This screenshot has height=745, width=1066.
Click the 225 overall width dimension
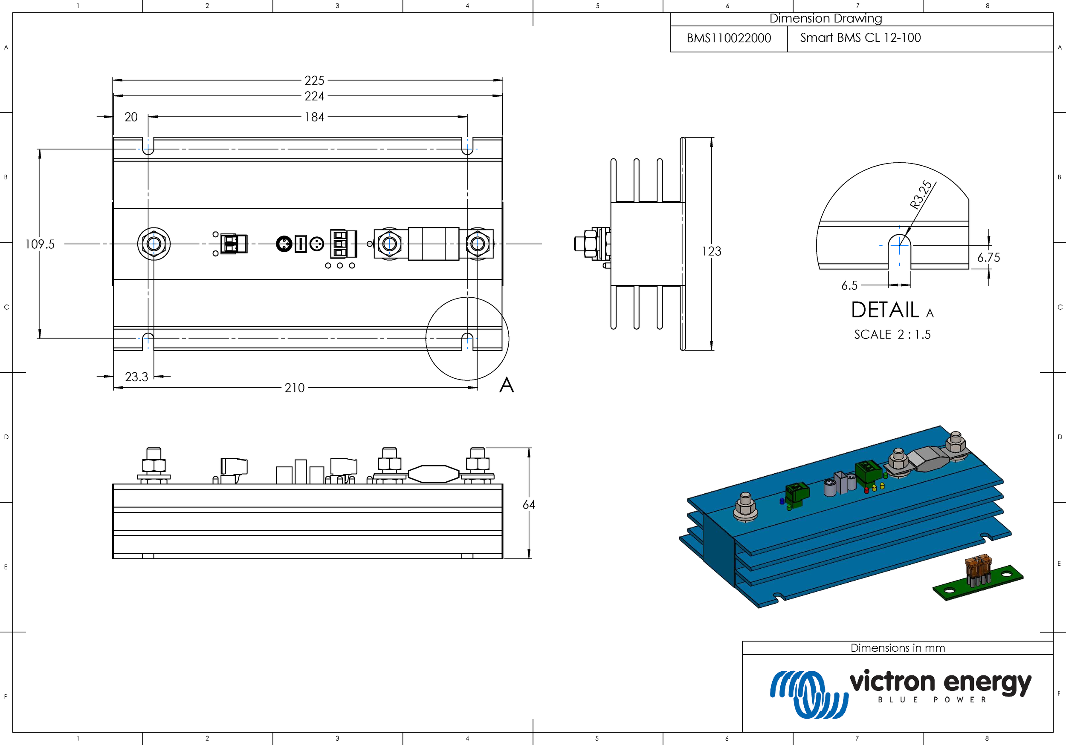(x=314, y=80)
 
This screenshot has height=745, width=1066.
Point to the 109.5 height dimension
(x=40, y=244)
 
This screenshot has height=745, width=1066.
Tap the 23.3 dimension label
(x=136, y=377)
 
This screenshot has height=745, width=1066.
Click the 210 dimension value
(x=295, y=388)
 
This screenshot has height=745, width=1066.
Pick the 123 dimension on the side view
(x=711, y=251)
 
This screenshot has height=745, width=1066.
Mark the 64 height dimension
(x=529, y=505)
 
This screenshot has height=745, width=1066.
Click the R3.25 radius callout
(x=921, y=195)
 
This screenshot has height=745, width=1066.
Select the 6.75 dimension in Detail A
(x=988, y=257)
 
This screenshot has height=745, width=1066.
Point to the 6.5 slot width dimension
(x=849, y=285)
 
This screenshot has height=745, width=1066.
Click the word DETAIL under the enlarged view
(x=885, y=310)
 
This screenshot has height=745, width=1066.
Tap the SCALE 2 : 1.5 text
(x=892, y=334)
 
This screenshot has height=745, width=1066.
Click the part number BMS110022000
(x=728, y=38)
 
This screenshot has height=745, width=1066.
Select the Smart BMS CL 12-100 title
(x=860, y=37)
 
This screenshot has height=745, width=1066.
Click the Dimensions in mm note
(x=898, y=648)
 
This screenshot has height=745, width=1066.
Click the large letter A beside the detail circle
(x=507, y=385)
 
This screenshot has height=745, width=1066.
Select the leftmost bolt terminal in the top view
(x=154, y=244)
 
